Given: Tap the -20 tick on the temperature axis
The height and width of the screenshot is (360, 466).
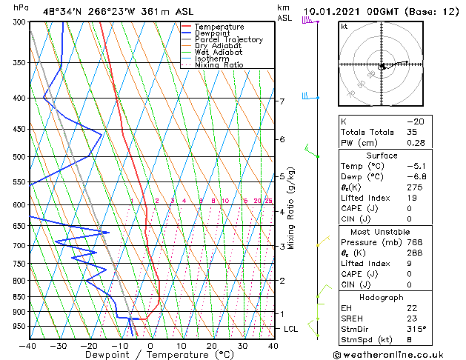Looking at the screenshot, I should point(89,345).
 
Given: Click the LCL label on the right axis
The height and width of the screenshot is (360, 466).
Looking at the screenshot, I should point(291,328).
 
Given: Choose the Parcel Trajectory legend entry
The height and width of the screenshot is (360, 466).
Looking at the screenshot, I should point(228,40).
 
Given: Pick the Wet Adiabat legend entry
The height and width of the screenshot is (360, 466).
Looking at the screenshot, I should point(219,53).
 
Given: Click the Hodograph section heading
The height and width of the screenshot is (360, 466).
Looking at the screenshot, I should point(382,297).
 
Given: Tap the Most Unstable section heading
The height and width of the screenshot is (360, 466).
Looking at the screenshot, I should point(382,232).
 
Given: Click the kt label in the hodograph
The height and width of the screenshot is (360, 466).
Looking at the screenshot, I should point(344,27).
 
